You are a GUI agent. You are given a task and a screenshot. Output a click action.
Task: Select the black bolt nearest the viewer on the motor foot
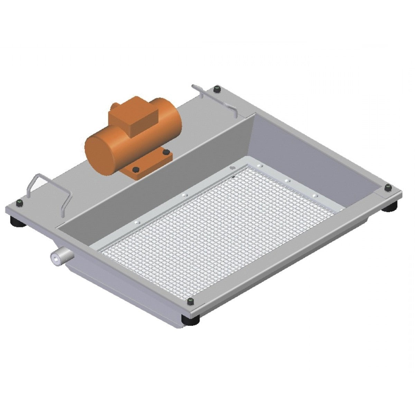(x=136, y=169)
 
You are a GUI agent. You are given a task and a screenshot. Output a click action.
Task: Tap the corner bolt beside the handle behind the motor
(x=217, y=89)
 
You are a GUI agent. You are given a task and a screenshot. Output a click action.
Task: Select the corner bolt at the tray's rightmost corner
(x=388, y=188)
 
